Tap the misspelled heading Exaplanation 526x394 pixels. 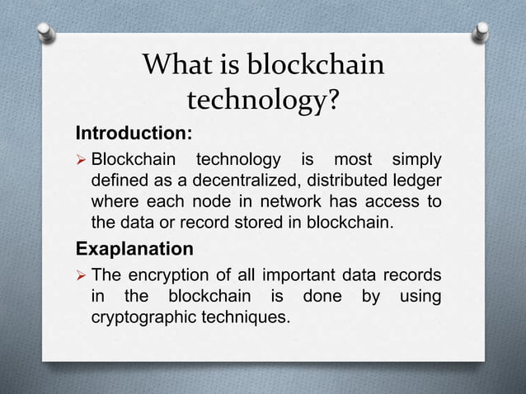(134, 249)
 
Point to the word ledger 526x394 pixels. (418, 181)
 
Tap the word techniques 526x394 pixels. (248, 317)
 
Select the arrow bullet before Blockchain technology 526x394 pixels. (82, 159)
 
